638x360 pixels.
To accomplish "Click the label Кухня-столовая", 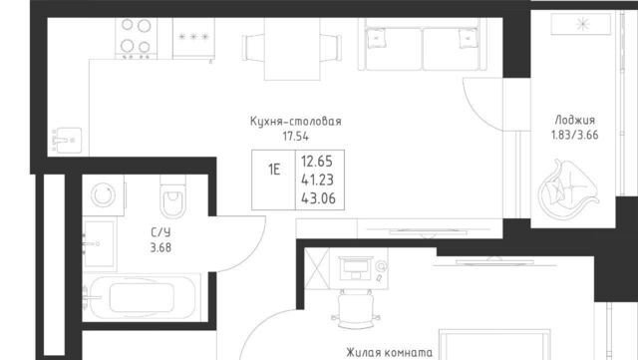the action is click(296, 121).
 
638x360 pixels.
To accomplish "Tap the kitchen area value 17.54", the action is click(296, 137).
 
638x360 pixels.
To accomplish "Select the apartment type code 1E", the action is click(274, 169).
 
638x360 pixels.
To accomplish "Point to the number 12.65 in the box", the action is click(317, 162).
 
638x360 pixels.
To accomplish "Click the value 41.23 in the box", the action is click(317, 180).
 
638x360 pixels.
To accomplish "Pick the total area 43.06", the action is click(318, 198).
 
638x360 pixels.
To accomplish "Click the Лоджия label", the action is click(575, 120).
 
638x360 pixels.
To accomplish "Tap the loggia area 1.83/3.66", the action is click(575, 135).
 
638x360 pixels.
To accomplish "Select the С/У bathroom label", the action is click(160, 232).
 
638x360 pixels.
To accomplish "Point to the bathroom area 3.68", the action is click(160, 247).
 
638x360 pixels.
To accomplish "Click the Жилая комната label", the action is click(390, 353).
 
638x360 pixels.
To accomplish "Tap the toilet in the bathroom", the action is click(172, 197).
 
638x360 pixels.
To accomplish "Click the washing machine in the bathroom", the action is click(103, 195).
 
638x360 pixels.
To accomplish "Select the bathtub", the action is click(142, 298).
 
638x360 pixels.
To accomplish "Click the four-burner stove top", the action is click(136, 38).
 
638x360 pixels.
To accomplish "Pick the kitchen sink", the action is click(67, 140).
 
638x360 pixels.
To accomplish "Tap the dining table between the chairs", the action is click(292, 49).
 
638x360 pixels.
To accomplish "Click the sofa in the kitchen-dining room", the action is click(422, 44).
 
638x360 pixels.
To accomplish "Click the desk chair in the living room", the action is click(355, 309).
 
